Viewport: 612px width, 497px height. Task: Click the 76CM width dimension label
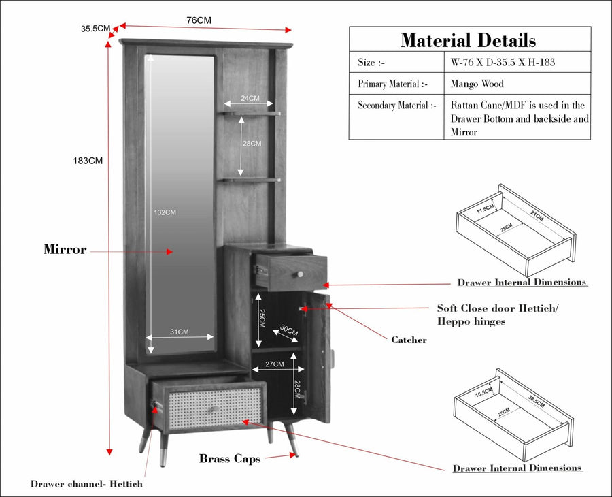[x=199, y=20]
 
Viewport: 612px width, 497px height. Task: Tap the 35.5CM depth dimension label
[x=96, y=29]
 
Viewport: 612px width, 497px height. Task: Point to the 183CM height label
[x=88, y=161]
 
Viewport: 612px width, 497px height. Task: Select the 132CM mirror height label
[x=165, y=212]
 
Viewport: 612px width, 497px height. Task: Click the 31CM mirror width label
[x=179, y=332]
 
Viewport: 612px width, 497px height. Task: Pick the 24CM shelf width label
[x=250, y=98]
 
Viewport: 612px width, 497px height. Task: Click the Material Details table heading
[x=468, y=40]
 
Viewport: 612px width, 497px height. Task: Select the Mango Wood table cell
[x=477, y=84]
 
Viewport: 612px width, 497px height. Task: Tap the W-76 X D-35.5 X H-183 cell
[x=503, y=62]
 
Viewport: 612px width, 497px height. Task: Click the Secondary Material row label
[x=397, y=105]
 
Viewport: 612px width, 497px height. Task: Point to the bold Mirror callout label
[x=65, y=249]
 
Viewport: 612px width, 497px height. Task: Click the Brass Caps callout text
[x=230, y=458]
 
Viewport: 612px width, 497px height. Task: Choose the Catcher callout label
[x=409, y=340]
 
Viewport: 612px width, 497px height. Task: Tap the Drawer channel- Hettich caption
[x=86, y=484]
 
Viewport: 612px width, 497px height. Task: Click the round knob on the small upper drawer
[x=300, y=274]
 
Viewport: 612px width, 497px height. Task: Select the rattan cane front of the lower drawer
[x=214, y=408]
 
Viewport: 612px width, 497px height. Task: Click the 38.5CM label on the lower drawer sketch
[x=537, y=401]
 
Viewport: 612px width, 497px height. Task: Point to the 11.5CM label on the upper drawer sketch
[x=485, y=208]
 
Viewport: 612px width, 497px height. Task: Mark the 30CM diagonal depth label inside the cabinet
[x=289, y=330]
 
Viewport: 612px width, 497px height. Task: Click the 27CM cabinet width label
[x=275, y=364]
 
